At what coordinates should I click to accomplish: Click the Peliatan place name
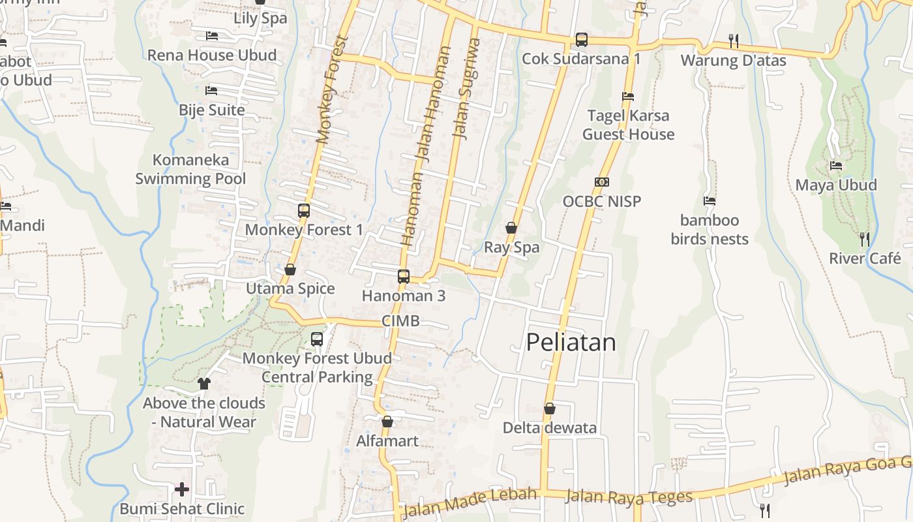point(571,343)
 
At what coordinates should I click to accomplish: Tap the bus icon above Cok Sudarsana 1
point(582,40)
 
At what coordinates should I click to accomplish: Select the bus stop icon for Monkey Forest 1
point(304,211)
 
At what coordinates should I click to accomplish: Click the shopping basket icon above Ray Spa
point(511,228)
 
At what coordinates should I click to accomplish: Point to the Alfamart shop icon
point(387,422)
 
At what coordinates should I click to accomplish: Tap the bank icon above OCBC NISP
point(602,182)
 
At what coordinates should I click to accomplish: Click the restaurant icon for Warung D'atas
point(734,41)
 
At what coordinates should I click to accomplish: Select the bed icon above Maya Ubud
point(836,166)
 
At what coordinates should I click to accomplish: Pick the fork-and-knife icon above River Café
point(865,239)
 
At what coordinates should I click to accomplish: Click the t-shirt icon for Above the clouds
point(204,383)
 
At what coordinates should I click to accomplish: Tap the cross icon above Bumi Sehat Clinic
point(182,489)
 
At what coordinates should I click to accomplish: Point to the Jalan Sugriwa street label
point(466,88)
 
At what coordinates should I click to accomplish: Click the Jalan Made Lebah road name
point(470,502)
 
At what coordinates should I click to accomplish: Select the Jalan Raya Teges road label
point(629,497)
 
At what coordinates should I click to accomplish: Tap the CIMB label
point(400,321)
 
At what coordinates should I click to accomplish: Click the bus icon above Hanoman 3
point(404,276)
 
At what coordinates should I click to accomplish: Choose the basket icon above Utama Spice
point(290,269)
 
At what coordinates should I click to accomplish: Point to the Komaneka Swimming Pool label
point(190,169)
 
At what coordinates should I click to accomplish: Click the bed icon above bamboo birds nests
point(710,201)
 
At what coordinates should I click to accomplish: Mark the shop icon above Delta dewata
point(550,408)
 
